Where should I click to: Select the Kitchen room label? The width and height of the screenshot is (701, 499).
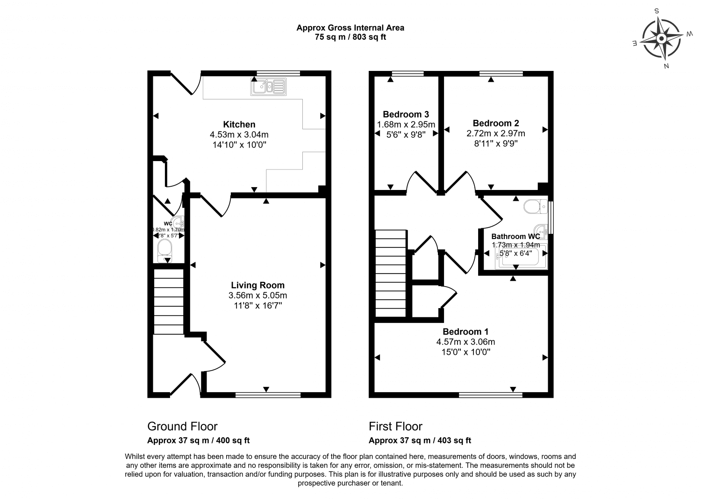[239, 124]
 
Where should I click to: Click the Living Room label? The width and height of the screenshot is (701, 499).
[258, 285]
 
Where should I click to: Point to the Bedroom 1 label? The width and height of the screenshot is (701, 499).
[465, 331]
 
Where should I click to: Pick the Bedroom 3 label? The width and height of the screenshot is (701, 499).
[406, 114]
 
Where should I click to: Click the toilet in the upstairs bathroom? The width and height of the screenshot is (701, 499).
[536, 206]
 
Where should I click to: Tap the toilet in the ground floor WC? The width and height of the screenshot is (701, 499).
[164, 251]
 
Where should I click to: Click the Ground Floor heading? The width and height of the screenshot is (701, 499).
[182, 426]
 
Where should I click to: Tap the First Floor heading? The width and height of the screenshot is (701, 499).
[395, 426]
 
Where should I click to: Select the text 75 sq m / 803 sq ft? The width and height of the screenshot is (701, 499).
[350, 37]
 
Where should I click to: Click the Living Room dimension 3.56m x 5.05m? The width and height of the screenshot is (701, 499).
[258, 295]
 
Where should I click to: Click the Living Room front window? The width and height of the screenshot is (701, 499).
[268, 395]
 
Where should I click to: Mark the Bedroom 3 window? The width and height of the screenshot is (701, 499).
[407, 73]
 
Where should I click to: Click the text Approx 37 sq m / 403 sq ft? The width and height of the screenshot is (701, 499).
[420, 440]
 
